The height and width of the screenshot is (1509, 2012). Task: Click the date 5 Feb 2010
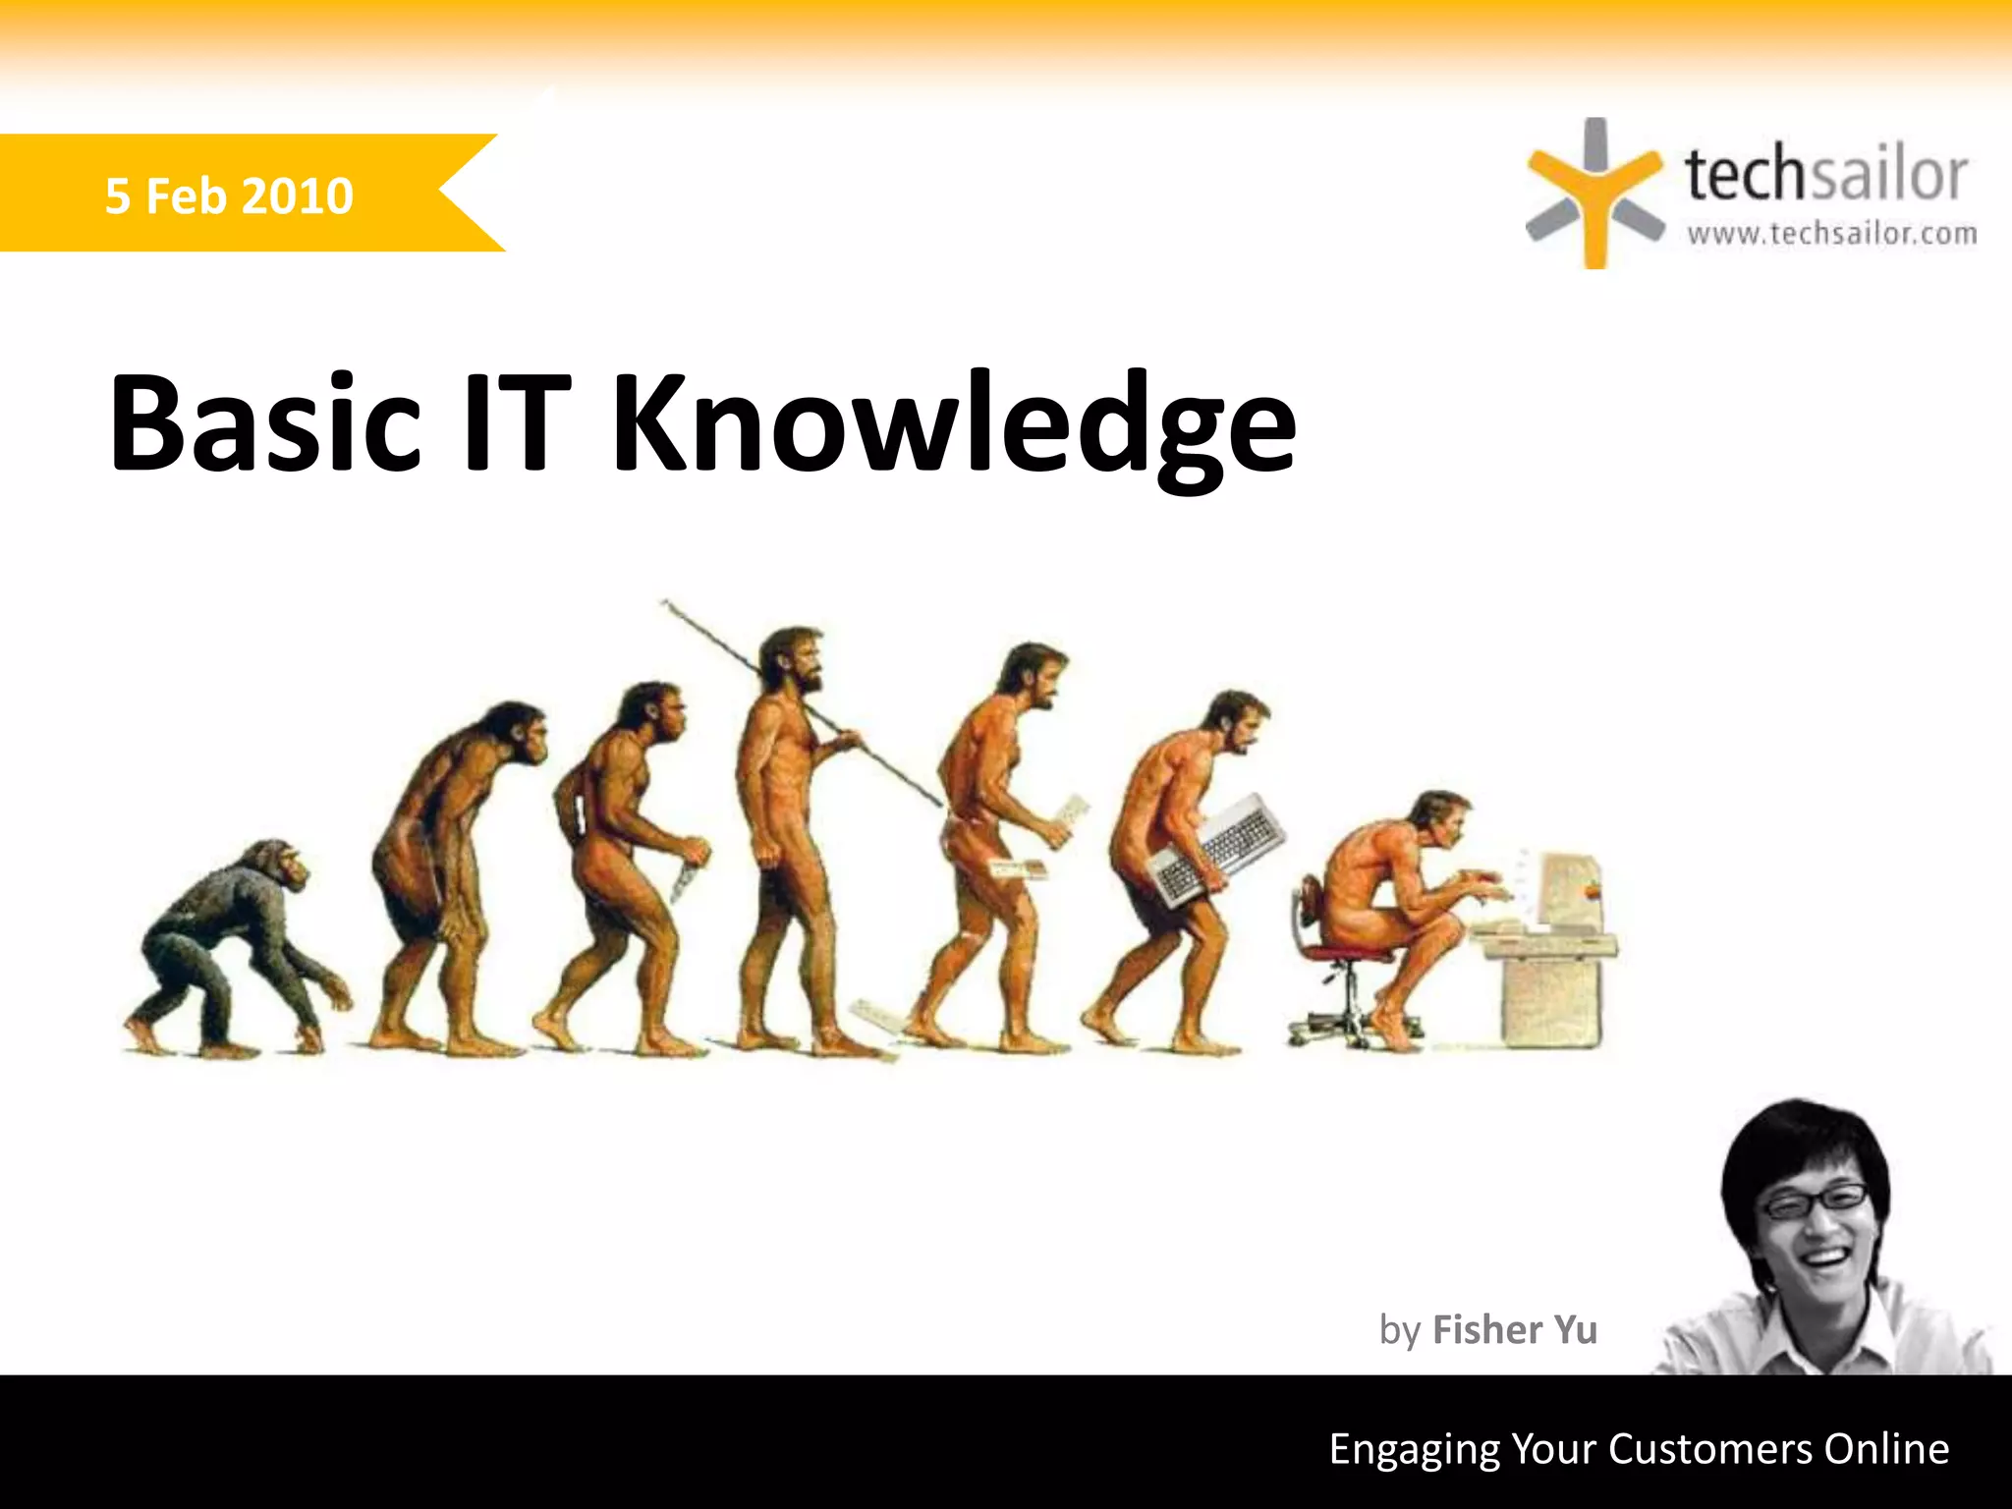229,196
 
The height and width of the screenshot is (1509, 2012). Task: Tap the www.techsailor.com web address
1832,234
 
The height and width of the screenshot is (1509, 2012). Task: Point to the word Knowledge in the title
953,427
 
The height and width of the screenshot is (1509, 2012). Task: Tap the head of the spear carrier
794,660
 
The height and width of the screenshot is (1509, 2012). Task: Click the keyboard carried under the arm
1218,850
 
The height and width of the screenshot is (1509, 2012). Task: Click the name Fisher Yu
1514,1329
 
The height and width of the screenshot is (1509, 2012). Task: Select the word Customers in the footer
1709,1449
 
